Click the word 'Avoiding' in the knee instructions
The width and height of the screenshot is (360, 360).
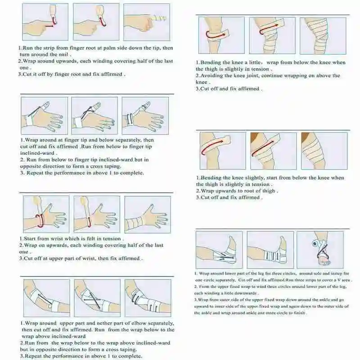pyautogui.click(x=214, y=76)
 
